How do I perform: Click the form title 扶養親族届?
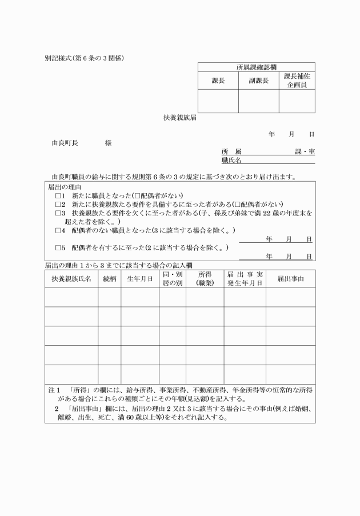click(x=181, y=118)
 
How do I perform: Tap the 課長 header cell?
click(x=218, y=81)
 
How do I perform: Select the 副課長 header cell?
click(x=258, y=81)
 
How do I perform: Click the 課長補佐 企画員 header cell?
click(x=297, y=81)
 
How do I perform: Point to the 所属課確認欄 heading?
click(x=257, y=67)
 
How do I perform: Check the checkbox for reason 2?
click(x=58, y=205)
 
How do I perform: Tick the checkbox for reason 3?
click(x=58, y=213)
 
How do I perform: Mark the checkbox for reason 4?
click(x=58, y=230)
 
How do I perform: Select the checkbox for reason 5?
click(x=58, y=248)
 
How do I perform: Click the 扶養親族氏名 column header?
click(x=71, y=278)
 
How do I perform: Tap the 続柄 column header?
click(x=109, y=278)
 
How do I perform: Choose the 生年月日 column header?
click(x=139, y=278)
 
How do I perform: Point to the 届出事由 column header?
click(x=290, y=278)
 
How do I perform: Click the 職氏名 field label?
click(x=231, y=161)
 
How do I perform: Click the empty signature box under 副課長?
click(x=258, y=101)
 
